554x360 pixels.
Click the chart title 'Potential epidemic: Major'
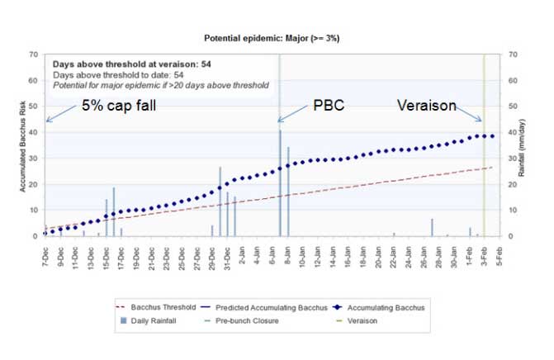tap(272, 38)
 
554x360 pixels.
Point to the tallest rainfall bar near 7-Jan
tap(280, 182)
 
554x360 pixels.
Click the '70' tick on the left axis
tap(32, 55)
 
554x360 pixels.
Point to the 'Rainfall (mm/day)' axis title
tap(527, 146)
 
